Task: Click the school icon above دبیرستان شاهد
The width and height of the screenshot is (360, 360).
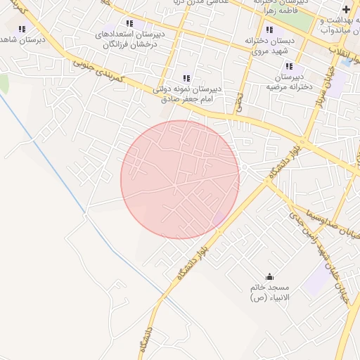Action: (x=22, y=29)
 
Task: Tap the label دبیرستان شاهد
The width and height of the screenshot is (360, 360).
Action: (x=22, y=40)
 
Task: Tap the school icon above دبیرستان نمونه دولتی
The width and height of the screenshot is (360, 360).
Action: (x=186, y=78)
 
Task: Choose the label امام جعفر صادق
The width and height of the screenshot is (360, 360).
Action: (x=187, y=100)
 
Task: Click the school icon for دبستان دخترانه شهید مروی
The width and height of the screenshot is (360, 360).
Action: (x=270, y=30)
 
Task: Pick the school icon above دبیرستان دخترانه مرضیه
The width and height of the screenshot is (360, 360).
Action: (x=289, y=65)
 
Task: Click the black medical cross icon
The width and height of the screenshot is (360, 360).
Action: (x=345, y=8)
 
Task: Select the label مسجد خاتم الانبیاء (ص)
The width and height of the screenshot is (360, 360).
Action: (x=271, y=293)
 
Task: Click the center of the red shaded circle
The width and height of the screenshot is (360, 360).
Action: (x=180, y=179)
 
